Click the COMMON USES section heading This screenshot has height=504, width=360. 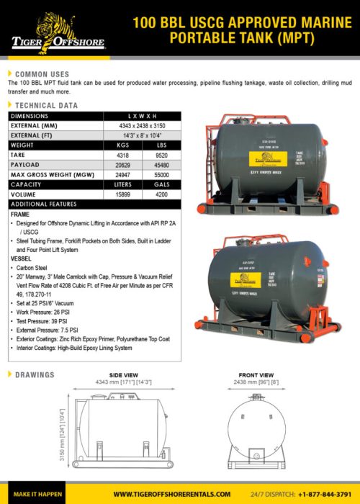[x=42, y=74]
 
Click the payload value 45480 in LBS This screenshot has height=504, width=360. [x=161, y=164]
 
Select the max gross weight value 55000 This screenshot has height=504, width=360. [x=161, y=174]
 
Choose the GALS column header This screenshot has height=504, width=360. [x=161, y=184]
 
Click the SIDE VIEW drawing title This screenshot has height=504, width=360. [x=123, y=375]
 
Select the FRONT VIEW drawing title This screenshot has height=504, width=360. [x=256, y=375]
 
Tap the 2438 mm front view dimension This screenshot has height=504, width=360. [x=256, y=383]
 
